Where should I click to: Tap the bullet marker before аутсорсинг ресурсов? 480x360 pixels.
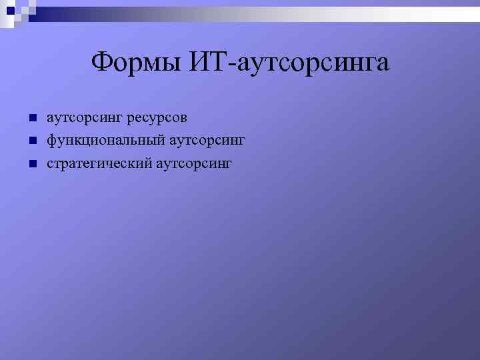(31, 119)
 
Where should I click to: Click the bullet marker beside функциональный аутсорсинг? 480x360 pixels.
(31, 141)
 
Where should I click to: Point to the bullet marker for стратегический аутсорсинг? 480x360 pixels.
(31, 164)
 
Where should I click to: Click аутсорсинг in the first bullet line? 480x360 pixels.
(85, 119)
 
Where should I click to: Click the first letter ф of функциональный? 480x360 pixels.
(51, 142)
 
